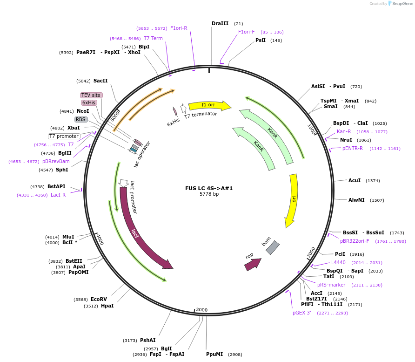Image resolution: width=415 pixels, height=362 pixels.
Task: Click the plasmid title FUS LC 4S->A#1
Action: coord(209,188)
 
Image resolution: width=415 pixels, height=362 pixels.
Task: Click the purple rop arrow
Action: coord(252,264)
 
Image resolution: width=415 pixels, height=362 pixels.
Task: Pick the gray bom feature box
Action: coord(272,247)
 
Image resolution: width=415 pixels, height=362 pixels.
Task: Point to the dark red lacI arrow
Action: coord(140,233)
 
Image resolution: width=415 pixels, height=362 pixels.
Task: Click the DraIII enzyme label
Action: coord(220,23)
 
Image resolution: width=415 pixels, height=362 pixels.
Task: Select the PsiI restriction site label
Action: coord(261,41)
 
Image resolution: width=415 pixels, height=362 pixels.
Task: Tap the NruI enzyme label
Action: coord(346,140)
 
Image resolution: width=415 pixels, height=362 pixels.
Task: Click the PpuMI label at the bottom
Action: coord(214,354)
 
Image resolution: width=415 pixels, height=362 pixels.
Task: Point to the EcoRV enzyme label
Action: coord(99,299)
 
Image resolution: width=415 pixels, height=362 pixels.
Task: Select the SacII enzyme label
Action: coord(100,81)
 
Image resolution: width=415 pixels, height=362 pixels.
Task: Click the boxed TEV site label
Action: coord(91,95)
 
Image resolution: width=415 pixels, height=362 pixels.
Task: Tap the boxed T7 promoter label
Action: coord(64,136)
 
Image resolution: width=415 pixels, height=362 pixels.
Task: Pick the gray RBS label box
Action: coord(81,119)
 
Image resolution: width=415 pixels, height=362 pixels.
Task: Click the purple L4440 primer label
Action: coord(338,263)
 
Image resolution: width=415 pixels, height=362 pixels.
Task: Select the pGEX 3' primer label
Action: coord(301,313)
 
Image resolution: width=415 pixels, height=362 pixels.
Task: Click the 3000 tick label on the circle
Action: coord(201,310)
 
